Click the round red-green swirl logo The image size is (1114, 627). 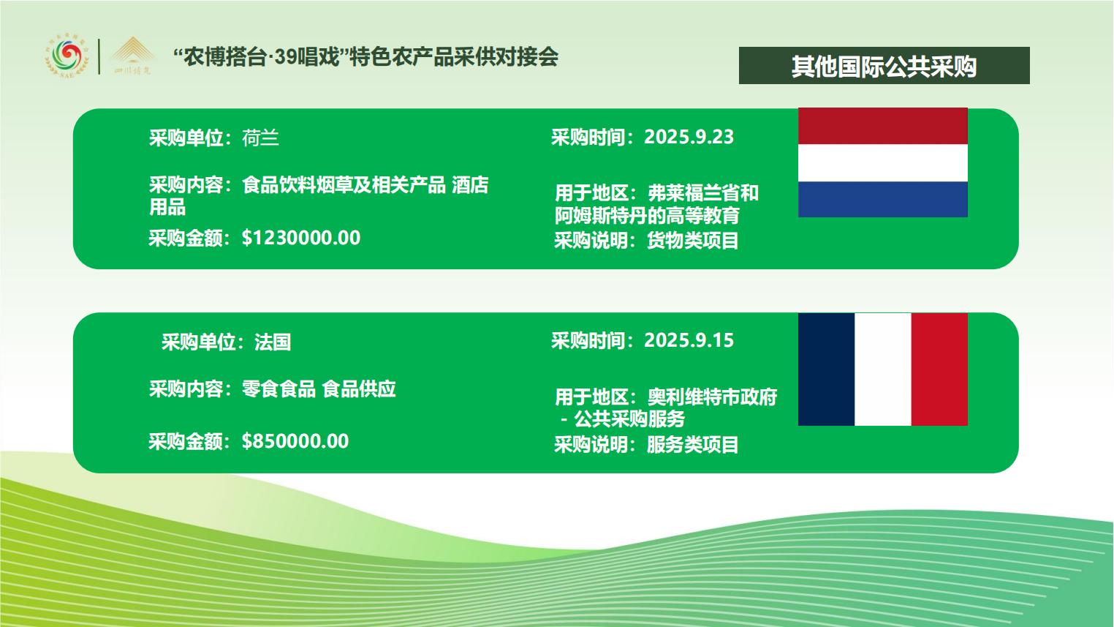pyautogui.click(x=67, y=56)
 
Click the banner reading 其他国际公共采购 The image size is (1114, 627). pyautogui.click(x=884, y=66)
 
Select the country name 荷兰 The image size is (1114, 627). pyautogui.click(x=260, y=138)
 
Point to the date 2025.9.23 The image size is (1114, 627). pyautogui.click(x=689, y=137)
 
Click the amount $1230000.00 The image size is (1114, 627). pyautogui.click(x=301, y=238)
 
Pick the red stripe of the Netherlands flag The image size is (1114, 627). pyautogui.click(x=883, y=126)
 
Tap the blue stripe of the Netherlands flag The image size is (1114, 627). pyautogui.click(x=883, y=200)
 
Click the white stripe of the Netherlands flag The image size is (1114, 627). pyautogui.click(x=883, y=163)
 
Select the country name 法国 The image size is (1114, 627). pyautogui.click(x=273, y=342)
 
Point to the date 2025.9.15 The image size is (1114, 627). pyautogui.click(x=689, y=340)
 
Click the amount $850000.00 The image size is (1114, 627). pyautogui.click(x=295, y=441)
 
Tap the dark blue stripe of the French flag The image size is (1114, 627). pyautogui.click(x=827, y=369)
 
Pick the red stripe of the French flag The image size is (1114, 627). pyautogui.click(x=939, y=369)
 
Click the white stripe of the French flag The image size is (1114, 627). pyautogui.click(x=883, y=369)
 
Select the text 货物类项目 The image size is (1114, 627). pyautogui.click(x=692, y=241)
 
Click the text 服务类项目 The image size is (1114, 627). pyautogui.click(x=692, y=444)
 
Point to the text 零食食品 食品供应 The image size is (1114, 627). pyautogui.click(x=319, y=389)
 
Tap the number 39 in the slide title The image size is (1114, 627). pyautogui.click(x=286, y=58)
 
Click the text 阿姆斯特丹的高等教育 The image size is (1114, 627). pyautogui.click(x=647, y=216)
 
